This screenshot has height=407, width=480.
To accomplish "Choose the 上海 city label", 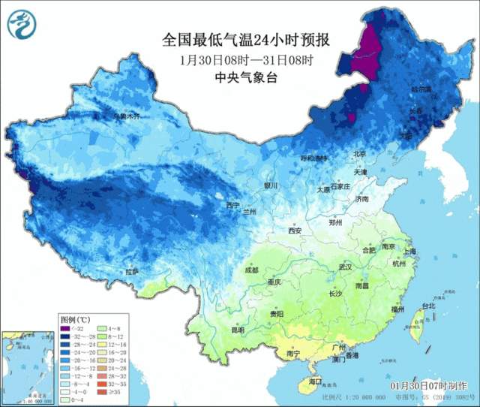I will pyautogui.click(x=409, y=252).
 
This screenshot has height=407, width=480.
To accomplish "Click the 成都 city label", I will pyautogui.click(x=250, y=270).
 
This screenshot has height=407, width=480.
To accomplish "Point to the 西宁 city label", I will pyautogui.click(x=233, y=204).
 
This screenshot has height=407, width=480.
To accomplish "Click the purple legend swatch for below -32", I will pyautogui.click(x=65, y=328).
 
